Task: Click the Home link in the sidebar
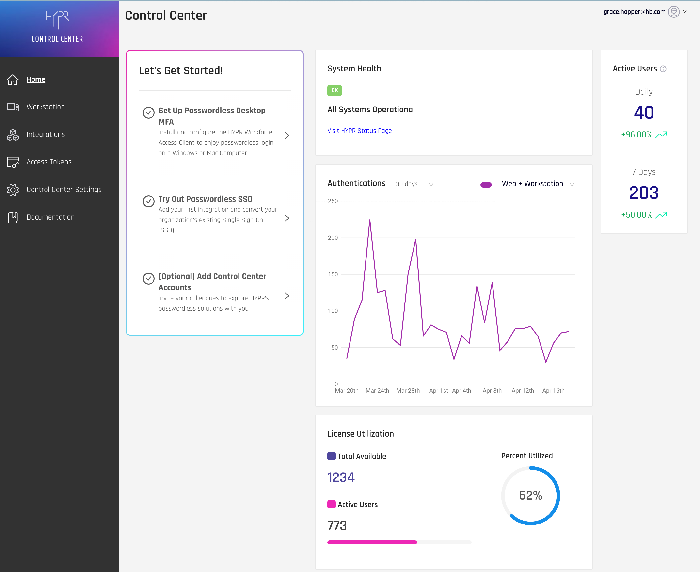point(36,79)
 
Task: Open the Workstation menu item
point(46,107)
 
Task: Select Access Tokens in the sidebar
point(49,162)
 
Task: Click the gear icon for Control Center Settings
point(13,190)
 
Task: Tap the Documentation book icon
point(13,217)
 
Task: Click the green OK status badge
point(334,90)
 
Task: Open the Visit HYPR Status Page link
point(359,131)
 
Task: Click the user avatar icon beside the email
point(674,12)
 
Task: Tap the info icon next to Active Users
point(663,69)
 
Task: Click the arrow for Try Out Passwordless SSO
point(287,218)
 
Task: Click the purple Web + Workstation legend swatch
point(486,185)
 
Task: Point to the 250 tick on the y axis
point(333,201)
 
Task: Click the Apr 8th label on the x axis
point(492,390)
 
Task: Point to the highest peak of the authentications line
point(370,220)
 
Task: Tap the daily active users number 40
point(644,113)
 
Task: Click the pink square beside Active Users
point(331,504)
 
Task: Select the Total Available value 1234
point(341,477)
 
